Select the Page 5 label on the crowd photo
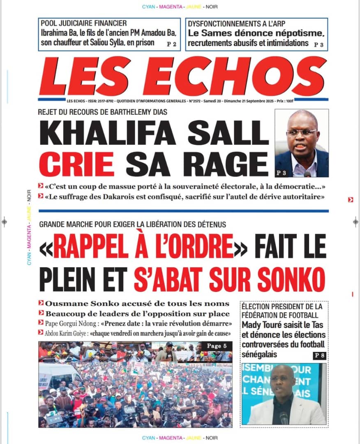click(x=217, y=346)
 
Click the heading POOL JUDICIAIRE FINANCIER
click(x=83, y=23)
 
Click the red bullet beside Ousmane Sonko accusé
click(x=41, y=303)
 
